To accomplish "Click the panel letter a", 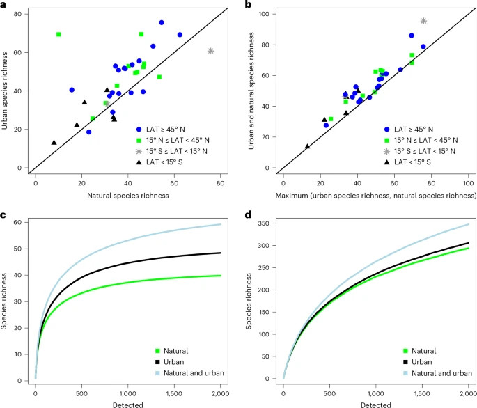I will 4,5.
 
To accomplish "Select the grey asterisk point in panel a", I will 211,51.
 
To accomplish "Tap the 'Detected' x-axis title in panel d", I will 375,402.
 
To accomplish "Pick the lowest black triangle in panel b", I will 307,146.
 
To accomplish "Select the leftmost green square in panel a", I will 58,34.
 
